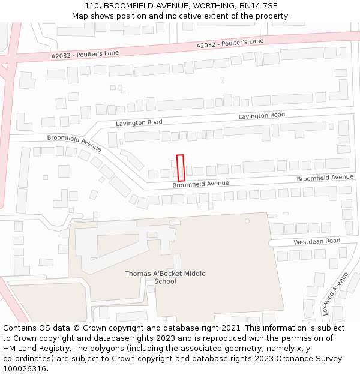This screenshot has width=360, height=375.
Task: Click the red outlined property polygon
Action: click(x=181, y=168)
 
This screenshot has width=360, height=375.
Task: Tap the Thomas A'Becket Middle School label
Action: click(x=165, y=277)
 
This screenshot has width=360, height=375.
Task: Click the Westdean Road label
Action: click(x=317, y=241)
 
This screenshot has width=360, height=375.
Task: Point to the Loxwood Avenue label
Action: click(x=335, y=294)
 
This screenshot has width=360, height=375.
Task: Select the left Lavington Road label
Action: click(x=139, y=122)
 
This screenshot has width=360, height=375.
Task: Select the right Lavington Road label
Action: click(x=262, y=115)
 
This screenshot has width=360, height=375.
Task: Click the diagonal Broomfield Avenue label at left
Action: click(x=74, y=142)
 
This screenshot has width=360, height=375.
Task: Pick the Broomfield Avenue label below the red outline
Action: click(x=201, y=184)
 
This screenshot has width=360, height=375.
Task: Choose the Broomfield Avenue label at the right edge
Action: click(x=325, y=178)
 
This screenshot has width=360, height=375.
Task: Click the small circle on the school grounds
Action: click(x=247, y=221)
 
